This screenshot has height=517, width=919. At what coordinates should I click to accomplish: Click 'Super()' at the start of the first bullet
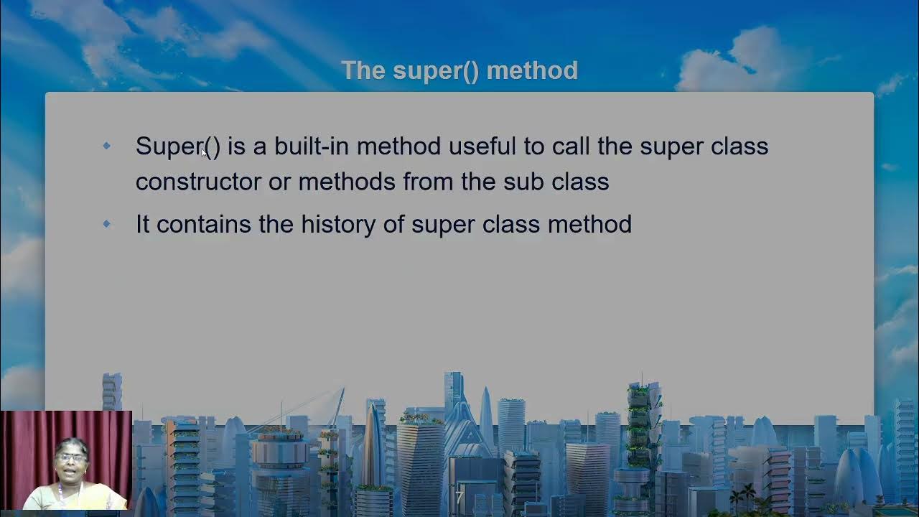(177, 146)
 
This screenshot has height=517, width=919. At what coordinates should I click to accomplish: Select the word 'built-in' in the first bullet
(312, 146)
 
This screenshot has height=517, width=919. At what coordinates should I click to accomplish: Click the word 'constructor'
(198, 182)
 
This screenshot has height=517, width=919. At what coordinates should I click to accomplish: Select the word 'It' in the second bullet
(142, 224)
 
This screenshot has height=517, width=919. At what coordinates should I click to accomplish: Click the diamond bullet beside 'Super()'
(107, 146)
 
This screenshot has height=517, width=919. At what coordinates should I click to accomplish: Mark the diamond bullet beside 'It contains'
(107, 224)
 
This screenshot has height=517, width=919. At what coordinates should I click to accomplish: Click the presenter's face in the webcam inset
(70, 460)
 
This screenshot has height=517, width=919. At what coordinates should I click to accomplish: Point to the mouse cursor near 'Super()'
(205, 152)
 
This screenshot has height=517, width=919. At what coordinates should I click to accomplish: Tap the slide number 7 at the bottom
(459, 496)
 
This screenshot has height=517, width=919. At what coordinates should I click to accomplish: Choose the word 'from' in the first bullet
(428, 182)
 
